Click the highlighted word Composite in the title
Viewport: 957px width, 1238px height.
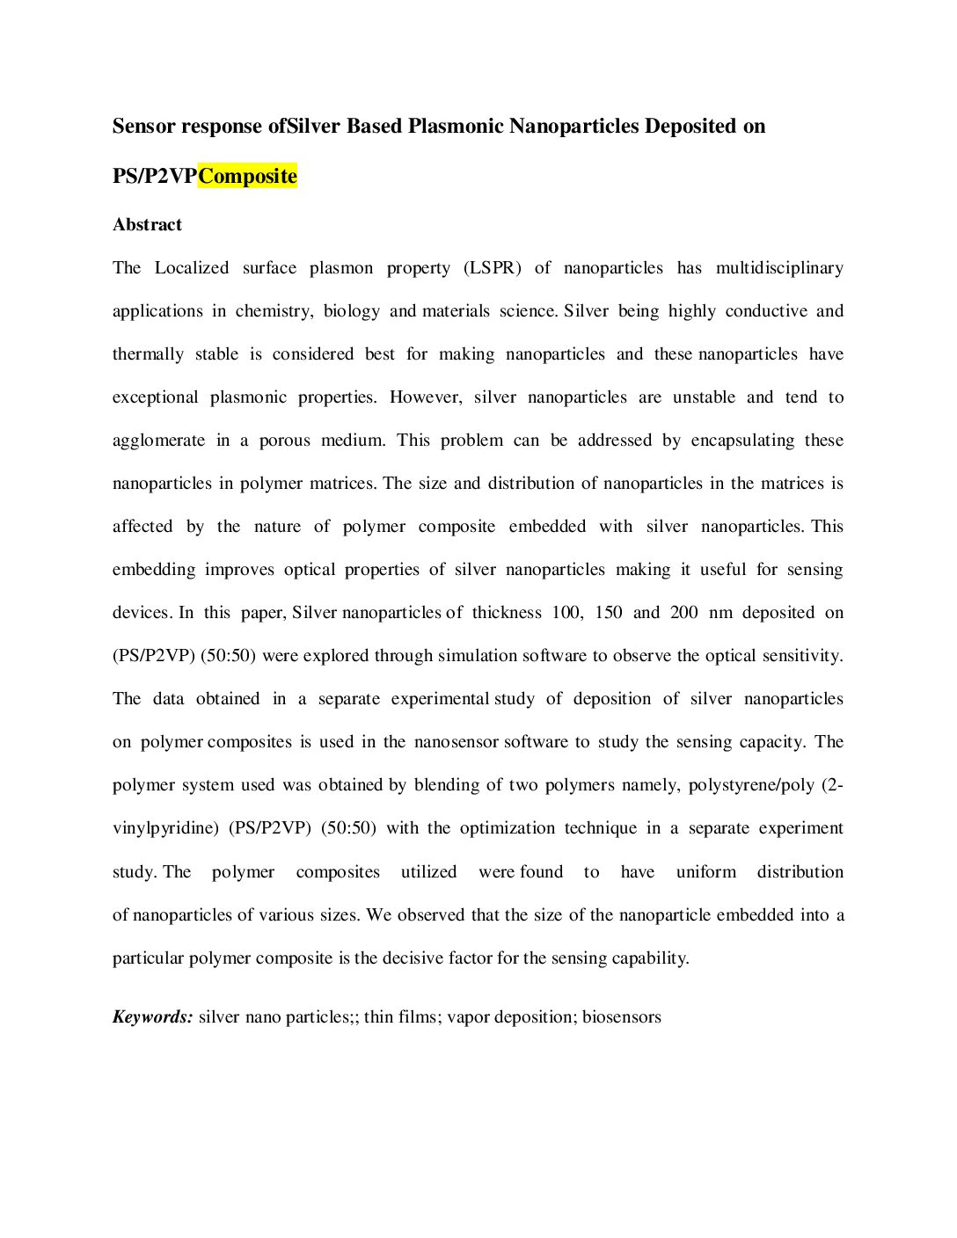point(247,176)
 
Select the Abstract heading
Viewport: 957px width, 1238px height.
point(147,225)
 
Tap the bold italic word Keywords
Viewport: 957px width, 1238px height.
point(152,1017)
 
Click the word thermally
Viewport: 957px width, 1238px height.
point(148,354)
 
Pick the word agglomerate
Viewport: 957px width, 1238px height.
point(158,441)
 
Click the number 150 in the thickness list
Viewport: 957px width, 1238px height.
point(609,613)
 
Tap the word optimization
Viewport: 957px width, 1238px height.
point(508,828)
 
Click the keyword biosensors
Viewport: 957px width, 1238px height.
point(621,1017)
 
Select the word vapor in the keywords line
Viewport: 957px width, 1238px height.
point(468,1017)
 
